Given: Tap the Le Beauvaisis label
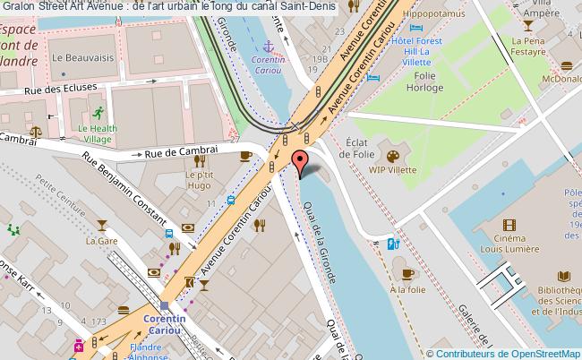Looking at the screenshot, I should click(x=75, y=56).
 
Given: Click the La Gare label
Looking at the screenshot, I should click(x=96, y=241).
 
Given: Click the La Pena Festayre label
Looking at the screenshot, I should click(x=528, y=47).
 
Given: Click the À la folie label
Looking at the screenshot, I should click(x=408, y=289).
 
